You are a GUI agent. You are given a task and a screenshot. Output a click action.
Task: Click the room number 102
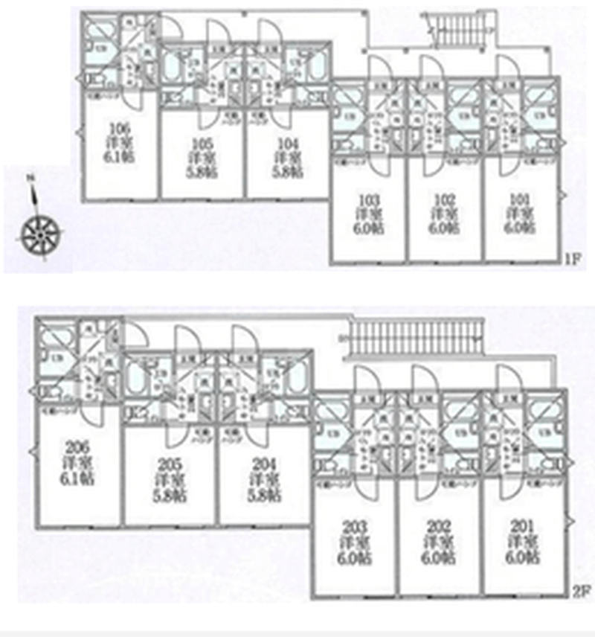click(444, 199)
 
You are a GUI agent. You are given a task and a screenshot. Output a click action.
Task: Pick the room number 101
click(519, 199)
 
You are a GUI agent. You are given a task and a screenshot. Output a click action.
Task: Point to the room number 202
click(438, 527)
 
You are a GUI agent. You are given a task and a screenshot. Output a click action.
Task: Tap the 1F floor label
click(570, 260)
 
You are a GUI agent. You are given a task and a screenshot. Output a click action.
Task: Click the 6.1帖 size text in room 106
click(119, 159)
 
